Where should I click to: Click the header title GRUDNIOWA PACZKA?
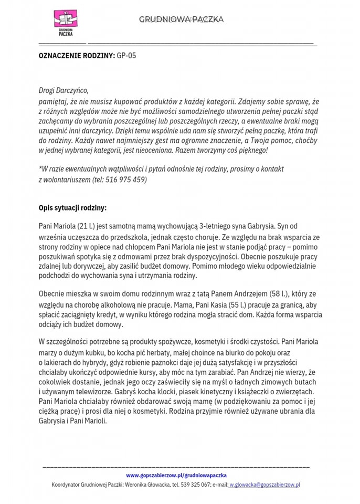point(181,19)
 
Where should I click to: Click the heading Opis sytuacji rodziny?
point(72,208)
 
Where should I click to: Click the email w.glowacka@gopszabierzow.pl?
point(264,485)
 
